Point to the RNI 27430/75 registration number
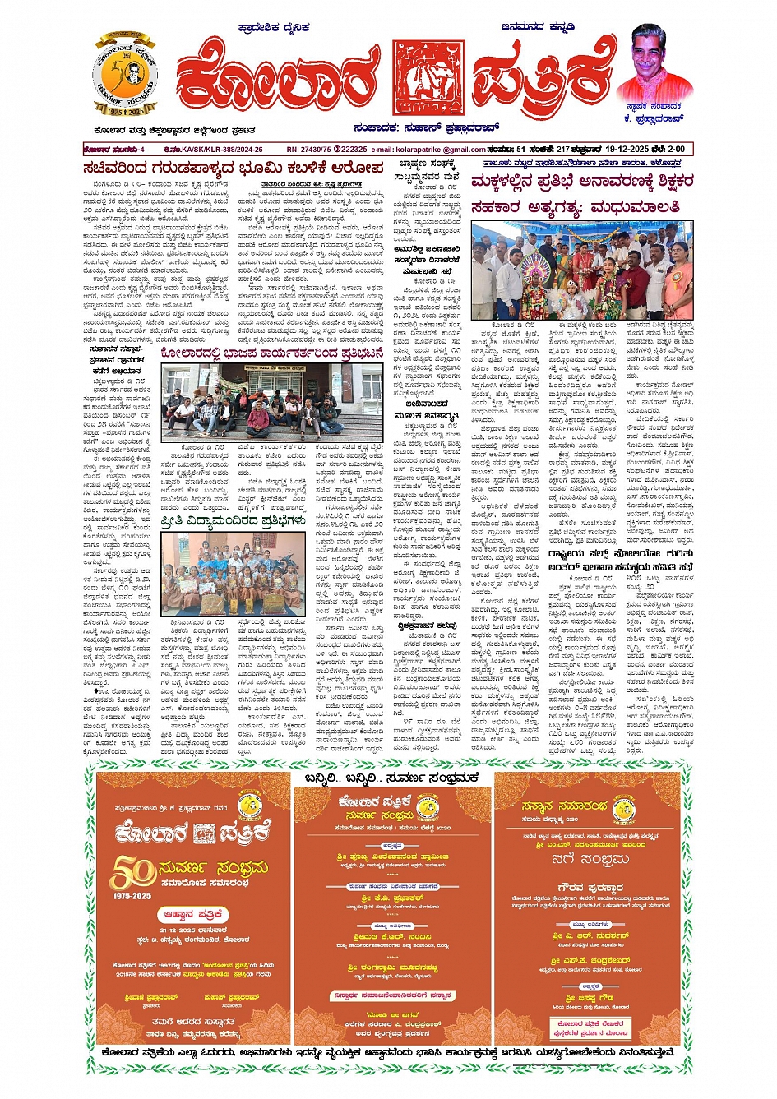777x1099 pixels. coord(312,149)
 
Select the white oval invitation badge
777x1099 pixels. coord(193,913)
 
